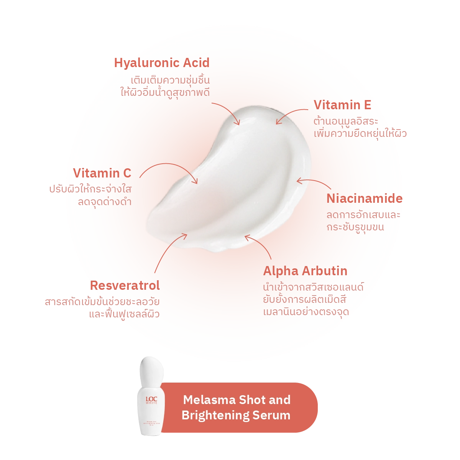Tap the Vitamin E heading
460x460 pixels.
(342, 105)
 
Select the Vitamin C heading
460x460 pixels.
(102, 173)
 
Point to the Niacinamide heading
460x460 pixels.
(365, 199)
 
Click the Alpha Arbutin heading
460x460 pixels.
(305, 271)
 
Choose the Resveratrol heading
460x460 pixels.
(125, 286)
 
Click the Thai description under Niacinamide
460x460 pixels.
(363, 221)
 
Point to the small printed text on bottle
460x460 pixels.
(151, 424)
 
